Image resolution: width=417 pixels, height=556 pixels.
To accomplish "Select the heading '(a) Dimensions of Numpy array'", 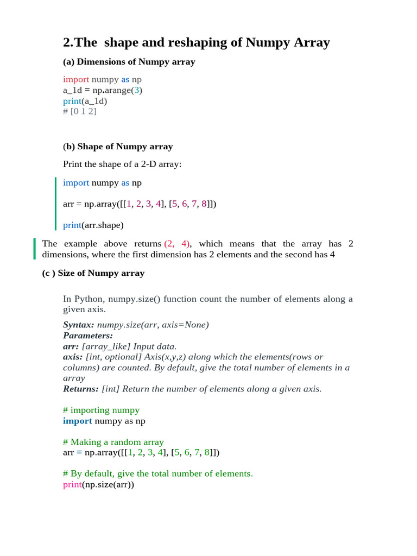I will tap(129, 62).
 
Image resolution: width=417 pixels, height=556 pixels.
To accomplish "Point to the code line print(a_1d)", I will tap(85, 101).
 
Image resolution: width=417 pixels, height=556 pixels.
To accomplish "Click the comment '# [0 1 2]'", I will tap(79, 111).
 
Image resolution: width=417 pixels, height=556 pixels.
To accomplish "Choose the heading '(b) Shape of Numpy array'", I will tap(118, 147).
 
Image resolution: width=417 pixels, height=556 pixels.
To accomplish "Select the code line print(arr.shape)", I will tap(93, 225).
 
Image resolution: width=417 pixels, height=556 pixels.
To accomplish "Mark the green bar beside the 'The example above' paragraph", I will tap(34, 249).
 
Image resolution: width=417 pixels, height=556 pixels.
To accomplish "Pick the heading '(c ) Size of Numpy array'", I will tap(93, 273).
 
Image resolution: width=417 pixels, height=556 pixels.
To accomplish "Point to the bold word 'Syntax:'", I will tap(79, 325).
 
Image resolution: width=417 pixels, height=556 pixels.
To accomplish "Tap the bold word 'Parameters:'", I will tap(88, 336).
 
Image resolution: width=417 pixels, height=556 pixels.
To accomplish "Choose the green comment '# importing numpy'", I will tap(101, 410).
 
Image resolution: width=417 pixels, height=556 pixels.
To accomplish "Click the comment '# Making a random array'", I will tap(113, 442).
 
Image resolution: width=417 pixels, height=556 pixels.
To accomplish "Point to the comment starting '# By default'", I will tap(157, 473).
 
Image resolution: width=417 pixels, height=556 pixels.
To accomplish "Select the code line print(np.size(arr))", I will tap(98, 484).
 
